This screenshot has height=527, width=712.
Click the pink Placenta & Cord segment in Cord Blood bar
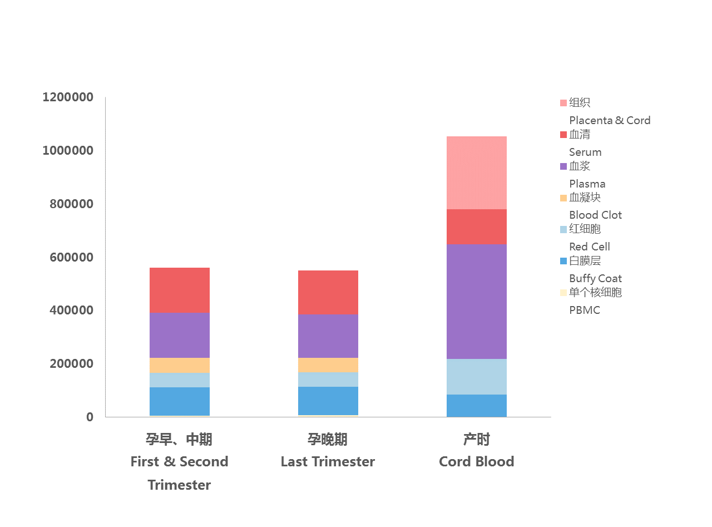477,173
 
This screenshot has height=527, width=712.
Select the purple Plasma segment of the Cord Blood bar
477,302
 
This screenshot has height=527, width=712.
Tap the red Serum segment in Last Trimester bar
328,292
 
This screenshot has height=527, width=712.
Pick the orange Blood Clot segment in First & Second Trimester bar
180,365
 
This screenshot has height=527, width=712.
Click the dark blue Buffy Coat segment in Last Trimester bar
328,401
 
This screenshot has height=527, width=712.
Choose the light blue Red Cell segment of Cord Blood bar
477,377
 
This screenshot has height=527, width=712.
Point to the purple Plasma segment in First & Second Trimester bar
180,335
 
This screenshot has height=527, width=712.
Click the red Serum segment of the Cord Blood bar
477,226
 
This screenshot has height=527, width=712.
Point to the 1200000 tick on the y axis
68,98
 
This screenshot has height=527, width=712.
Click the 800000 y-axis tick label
68,204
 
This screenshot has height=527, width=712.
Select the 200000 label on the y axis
68,364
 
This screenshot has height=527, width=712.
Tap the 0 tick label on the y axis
90,417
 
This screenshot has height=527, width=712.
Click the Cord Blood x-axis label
477,461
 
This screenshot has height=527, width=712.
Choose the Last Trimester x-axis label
328,461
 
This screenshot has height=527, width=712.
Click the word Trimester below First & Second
179,485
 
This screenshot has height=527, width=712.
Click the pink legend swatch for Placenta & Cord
563,103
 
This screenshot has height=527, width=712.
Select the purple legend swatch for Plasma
563,166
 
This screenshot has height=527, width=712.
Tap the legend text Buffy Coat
595,278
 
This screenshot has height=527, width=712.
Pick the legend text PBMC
585,310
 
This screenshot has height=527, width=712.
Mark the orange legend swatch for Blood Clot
563,198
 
